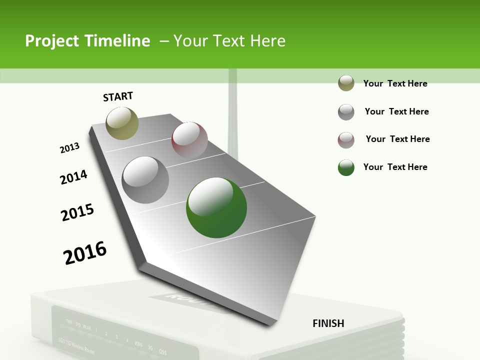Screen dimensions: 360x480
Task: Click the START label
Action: pos(118,96)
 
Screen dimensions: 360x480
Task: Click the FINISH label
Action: pos(328,323)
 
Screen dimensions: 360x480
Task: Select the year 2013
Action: pos(69,148)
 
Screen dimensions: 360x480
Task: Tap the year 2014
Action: pos(73,177)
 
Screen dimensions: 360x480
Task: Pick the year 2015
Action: pos(77,212)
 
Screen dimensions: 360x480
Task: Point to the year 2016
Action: pos(85,252)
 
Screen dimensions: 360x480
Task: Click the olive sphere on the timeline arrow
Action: pos(122,123)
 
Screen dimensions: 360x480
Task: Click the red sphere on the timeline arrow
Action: pos(189,140)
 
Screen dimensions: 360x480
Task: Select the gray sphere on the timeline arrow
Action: pos(145,180)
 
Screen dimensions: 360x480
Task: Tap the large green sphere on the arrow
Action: pos(216,207)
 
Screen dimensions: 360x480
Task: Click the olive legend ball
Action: pos(346,83)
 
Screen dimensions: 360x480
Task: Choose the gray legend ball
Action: pos(346,112)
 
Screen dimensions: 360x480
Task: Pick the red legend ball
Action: pos(346,140)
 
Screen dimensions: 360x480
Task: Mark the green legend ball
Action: pos(346,167)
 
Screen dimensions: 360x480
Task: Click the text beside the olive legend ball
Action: pos(395,83)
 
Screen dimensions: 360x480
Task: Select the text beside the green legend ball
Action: pos(395,167)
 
